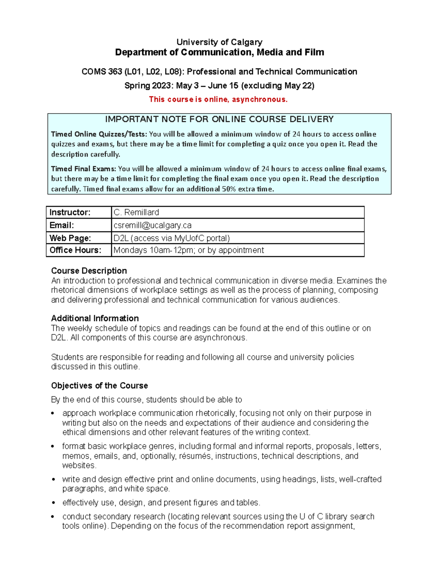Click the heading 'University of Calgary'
[219, 42]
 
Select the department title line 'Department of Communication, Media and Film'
[219, 52]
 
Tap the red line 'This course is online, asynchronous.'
[218, 99]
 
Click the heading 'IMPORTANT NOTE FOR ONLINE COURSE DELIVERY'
[219, 119]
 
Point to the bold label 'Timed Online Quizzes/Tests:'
[99, 134]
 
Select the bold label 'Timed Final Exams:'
[84, 169]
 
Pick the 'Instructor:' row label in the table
[70, 213]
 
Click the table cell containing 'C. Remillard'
[136, 213]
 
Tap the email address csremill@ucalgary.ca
[153, 225]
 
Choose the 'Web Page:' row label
[70, 238]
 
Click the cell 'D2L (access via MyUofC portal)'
[172, 238]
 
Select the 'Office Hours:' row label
[75, 250]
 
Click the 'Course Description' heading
[89, 271]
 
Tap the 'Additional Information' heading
[95, 318]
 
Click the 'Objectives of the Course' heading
[100, 386]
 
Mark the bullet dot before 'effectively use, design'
[53, 503]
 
